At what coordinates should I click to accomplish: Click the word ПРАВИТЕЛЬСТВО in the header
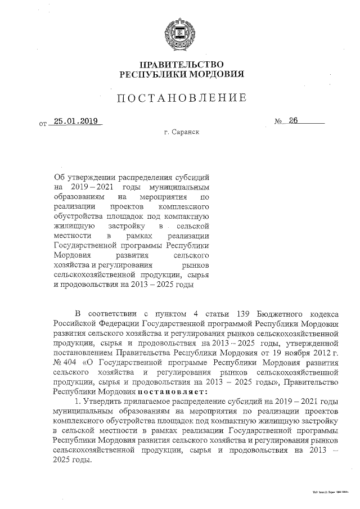181,64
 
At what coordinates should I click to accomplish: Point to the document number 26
292,121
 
